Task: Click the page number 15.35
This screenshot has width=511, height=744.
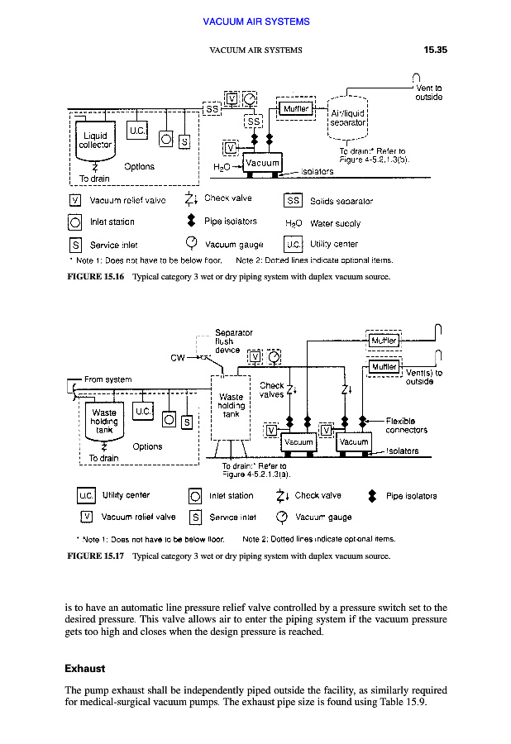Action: (x=435, y=50)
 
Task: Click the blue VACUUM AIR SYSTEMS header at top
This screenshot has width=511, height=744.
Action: (x=255, y=21)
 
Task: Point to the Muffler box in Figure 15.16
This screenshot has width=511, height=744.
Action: (x=296, y=107)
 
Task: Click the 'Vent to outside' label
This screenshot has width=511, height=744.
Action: (x=428, y=92)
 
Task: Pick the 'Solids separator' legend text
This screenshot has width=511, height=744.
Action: (x=341, y=201)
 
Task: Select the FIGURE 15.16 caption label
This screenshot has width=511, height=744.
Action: (x=95, y=277)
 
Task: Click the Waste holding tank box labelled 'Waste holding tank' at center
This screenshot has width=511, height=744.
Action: (x=232, y=405)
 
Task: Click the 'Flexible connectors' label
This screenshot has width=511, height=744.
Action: (x=406, y=425)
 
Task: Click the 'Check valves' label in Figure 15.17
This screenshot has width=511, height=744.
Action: (x=271, y=389)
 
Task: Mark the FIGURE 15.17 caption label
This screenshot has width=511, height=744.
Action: (x=95, y=556)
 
